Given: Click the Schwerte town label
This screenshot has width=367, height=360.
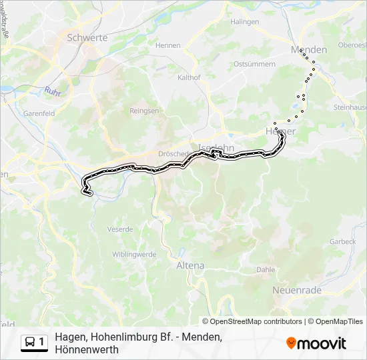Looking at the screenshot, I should click(x=87, y=38).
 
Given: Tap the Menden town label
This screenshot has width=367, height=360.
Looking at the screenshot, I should click(x=309, y=50).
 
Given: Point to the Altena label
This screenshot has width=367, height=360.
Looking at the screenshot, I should click(x=190, y=265).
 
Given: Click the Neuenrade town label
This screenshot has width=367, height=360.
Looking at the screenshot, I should click(x=297, y=290).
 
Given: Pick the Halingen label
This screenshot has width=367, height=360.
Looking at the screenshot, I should click(x=245, y=22).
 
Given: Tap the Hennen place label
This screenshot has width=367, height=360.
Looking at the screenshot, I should click(x=167, y=45).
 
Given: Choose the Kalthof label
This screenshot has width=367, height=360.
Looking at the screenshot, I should click(x=190, y=77).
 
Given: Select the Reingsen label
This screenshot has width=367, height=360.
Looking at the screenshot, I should click(x=144, y=111).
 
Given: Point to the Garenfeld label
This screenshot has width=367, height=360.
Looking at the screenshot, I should click(x=39, y=114).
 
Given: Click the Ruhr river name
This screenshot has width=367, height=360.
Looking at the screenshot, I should click(x=53, y=92).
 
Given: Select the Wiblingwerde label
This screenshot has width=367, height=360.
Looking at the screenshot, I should click(x=133, y=254).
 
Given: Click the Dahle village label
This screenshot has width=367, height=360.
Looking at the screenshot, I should click(x=266, y=270).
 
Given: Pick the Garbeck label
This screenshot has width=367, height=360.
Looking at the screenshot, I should click(x=343, y=241).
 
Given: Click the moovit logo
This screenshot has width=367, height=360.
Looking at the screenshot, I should click(x=316, y=343).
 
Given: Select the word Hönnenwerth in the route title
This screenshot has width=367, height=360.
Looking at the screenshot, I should click(x=87, y=349).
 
